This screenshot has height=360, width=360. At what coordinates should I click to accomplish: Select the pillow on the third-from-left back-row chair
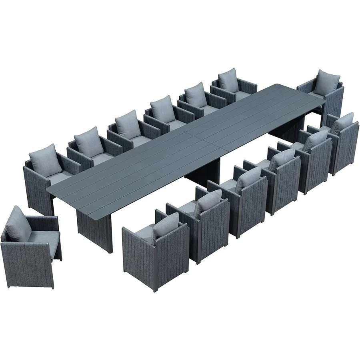pyautogui.click(x=128, y=124)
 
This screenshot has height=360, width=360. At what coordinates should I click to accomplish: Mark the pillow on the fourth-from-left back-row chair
pyautogui.click(x=163, y=108)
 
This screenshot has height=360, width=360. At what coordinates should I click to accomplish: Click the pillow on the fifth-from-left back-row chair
pyautogui.click(x=196, y=94)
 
